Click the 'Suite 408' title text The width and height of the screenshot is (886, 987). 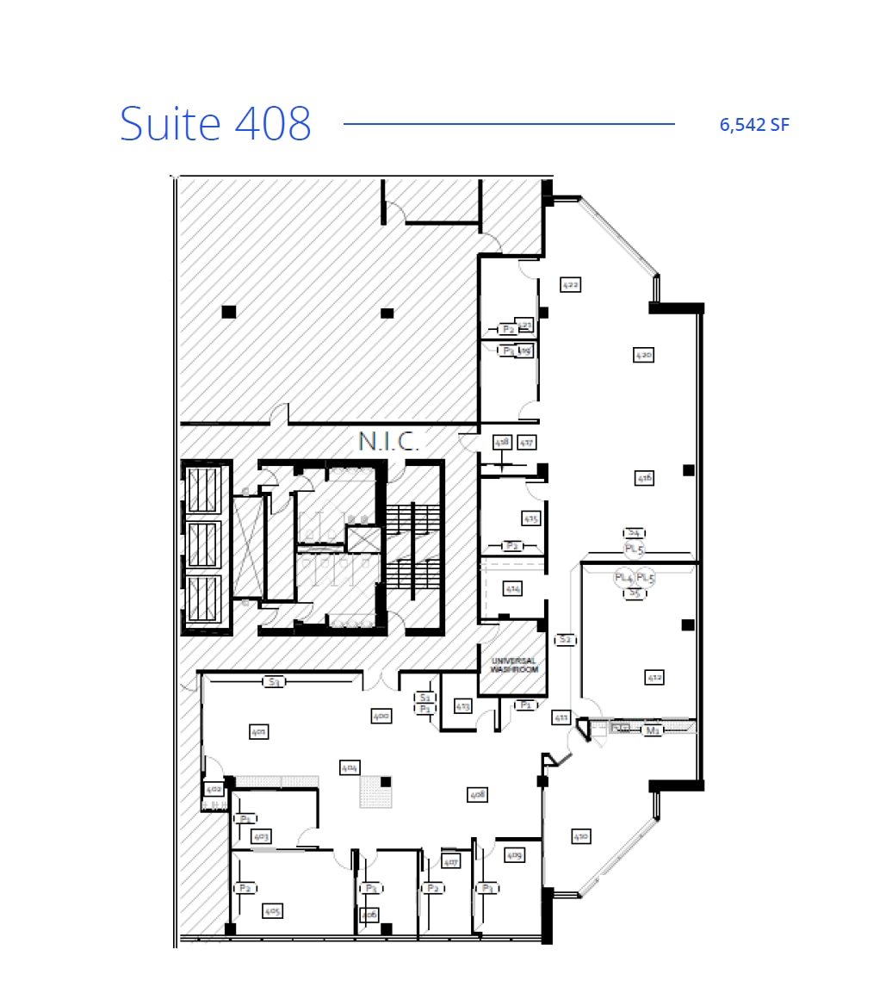215,123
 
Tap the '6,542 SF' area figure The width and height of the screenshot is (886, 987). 754,125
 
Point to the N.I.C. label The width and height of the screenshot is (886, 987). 388,442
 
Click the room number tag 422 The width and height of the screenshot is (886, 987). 570,283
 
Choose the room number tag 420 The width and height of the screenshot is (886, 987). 643,354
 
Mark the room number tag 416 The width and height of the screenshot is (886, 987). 644,477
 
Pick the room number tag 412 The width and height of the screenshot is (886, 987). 654,678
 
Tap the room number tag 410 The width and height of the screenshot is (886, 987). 581,835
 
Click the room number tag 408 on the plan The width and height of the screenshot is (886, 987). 478,793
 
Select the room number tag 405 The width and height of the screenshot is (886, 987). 273,910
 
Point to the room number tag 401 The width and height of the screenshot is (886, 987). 258,731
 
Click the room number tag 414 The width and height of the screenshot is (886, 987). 513,589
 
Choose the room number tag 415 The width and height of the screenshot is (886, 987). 530,518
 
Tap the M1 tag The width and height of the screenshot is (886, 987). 653,730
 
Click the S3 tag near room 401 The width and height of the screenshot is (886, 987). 275,682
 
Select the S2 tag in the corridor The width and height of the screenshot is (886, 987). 565,639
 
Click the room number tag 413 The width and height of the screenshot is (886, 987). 462,706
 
